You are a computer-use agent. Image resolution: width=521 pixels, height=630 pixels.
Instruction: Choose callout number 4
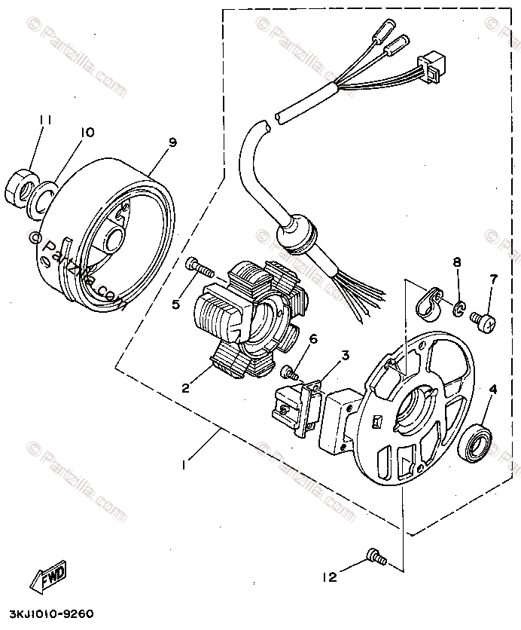494,390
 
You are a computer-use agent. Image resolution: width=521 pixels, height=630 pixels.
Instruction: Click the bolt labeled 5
199,265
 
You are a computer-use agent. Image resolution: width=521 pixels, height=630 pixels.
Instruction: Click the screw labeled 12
374,558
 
